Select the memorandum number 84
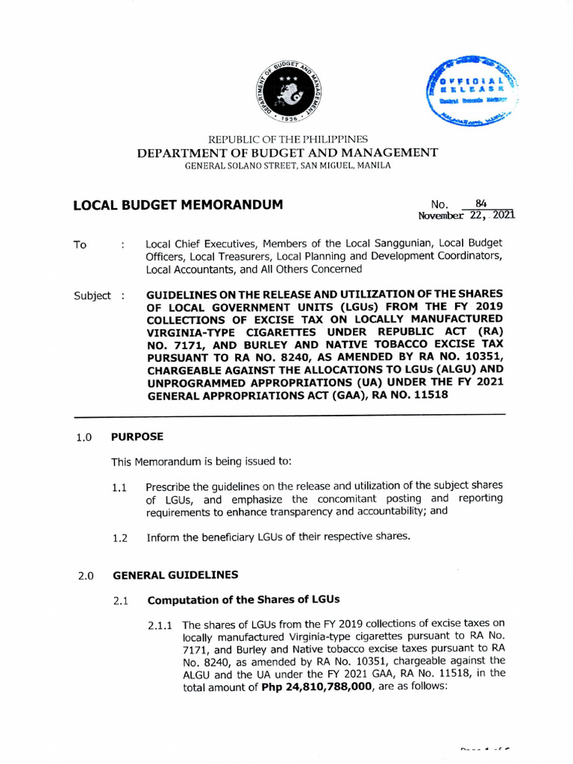pos(480,202)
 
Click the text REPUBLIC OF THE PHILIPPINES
pos(287,140)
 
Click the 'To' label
pos(81,245)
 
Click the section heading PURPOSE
pos(137,436)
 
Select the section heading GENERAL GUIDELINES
pos(175,575)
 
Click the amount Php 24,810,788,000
pos(316,688)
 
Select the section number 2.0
pos(84,576)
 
